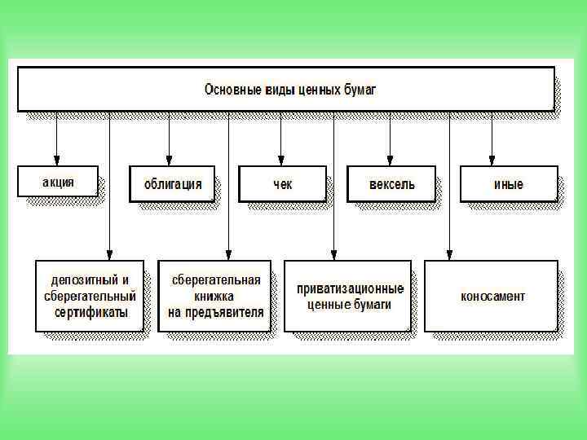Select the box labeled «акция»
tap(58, 182)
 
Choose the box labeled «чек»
tap(281, 183)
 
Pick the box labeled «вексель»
tap(392, 183)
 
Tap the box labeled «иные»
tap(508, 183)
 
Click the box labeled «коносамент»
tap(492, 296)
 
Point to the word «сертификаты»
tap(90, 311)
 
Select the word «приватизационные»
tap(350, 288)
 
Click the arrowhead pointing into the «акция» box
tap(56, 159)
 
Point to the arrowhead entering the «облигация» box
tap(170, 159)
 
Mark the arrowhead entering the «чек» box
tap(280, 159)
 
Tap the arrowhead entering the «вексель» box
tap(391, 159)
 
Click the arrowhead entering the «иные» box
tap(492, 159)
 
